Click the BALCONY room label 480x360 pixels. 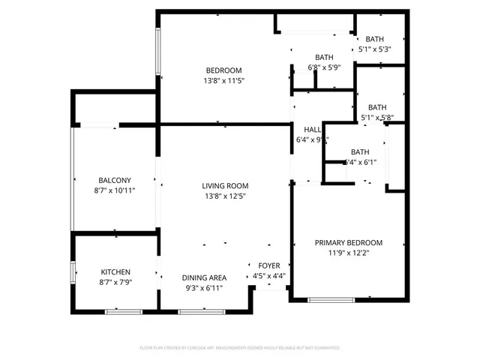click(x=115, y=180)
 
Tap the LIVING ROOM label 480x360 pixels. click(x=224, y=186)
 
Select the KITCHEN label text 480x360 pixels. click(x=116, y=271)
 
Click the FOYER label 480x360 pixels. click(x=268, y=265)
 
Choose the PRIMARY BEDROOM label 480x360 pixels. click(x=348, y=243)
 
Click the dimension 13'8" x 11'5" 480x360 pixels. click(x=224, y=80)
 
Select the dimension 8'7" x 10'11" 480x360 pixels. click(x=115, y=190)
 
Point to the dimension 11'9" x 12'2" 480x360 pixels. click(x=348, y=253)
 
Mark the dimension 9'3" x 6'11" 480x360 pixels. click(x=204, y=287)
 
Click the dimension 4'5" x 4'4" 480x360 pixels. click(x=268, y=275)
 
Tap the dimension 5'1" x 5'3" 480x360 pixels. click(x=376, y=49)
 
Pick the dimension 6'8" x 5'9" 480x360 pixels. click(x=324, y=67)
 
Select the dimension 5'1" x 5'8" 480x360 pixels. click(x=377, y=117)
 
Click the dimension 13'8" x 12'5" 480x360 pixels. click(x=224, y=196)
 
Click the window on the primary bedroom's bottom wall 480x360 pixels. click(x=331, y=300)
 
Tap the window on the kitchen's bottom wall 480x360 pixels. click(x=118, y=311)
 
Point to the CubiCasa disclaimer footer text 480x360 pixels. click(x=240, y=348)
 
